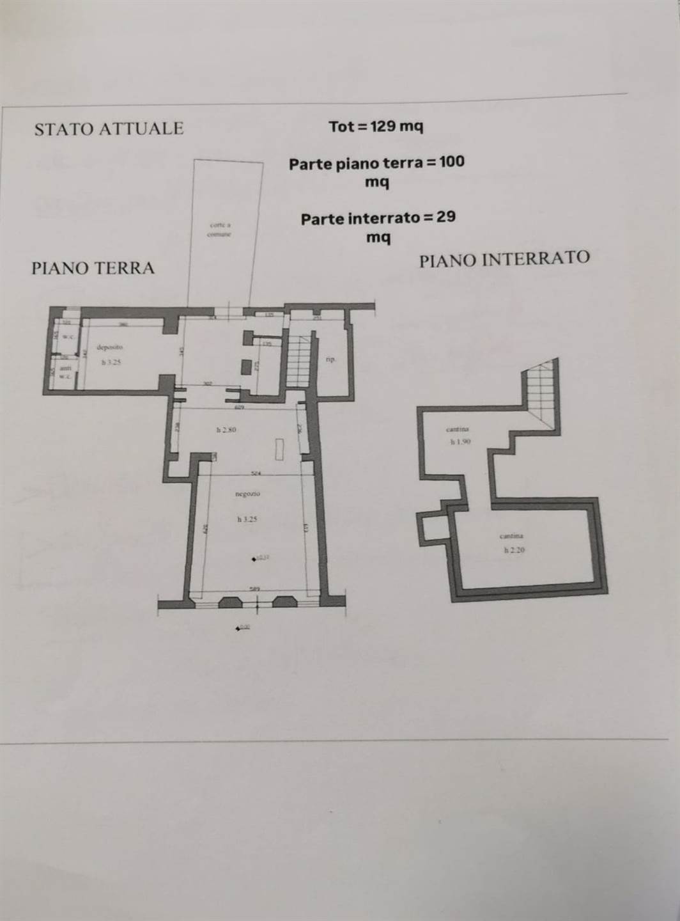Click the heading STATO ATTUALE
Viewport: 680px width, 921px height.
click(x=109, y=129)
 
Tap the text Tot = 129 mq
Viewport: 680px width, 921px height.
click(x=376, y=127)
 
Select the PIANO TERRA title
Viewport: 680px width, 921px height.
click(x=93, y=267)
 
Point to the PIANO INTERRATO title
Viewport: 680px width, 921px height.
click(x=504, y=259)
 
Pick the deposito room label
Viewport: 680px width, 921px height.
click(x=109, y=347)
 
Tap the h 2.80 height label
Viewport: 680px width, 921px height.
click(x=226, y=430)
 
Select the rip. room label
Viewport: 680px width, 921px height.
click(x=330, y=359)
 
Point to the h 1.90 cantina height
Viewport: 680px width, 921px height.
click(x=460, y=441)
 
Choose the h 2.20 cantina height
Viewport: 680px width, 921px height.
click(x=514, y=549)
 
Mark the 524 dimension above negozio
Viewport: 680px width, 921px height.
click(x=256, y=474)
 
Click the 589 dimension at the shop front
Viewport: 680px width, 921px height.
click(x=254, y=588)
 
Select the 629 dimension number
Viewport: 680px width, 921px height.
click(x=240, y=407)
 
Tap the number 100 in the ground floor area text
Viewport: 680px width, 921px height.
click(x=452, y=162)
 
